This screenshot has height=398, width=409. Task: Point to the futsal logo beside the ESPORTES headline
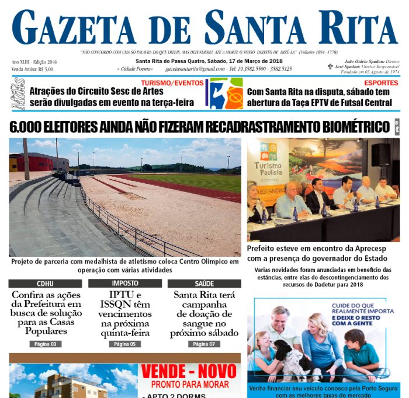coord(226,93)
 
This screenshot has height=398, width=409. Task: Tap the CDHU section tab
coord(45,284)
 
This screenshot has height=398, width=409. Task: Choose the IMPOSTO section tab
coord(125,284)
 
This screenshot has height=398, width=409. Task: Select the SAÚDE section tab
coord(204,284)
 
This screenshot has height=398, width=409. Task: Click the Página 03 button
coord(45,344)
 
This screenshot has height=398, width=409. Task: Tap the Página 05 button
coord(125,344)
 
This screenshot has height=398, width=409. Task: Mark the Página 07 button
coord(204,344)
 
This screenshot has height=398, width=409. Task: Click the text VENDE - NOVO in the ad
coord(190,372)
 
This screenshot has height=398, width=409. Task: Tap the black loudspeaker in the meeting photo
coord(380,155)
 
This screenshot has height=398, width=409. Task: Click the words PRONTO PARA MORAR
coord(190,385)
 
